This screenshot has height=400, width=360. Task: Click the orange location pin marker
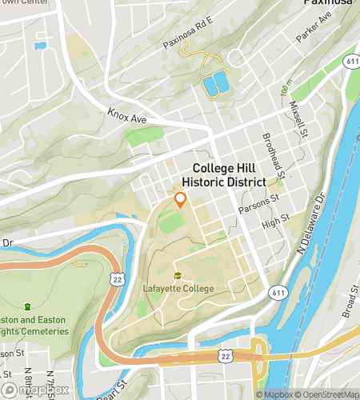pos(180,200)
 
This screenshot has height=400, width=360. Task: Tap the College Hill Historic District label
pos(228,176)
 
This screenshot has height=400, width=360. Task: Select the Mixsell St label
pos(302,119)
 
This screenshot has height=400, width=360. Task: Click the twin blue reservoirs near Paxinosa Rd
pos(215,83)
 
